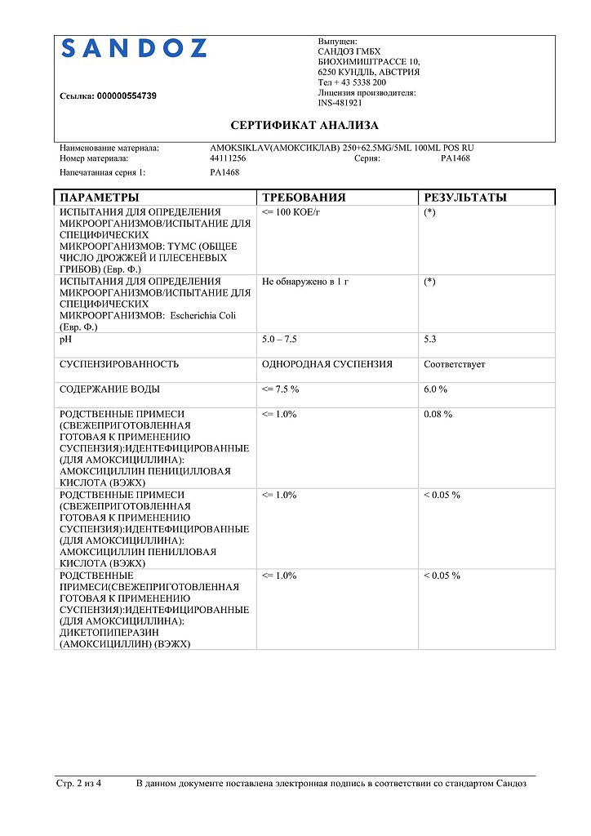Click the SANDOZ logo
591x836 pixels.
click(134, 49)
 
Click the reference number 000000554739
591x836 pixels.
click(127, 96)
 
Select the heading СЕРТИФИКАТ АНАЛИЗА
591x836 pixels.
click(304, 126)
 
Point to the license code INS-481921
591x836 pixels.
click(340, 103)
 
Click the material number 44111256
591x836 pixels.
click(228, 158)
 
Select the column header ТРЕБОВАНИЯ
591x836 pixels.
click(304, 198)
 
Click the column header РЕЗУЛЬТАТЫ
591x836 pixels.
click(465, 198)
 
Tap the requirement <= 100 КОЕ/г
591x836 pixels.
click(292, 211)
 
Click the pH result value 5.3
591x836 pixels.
click(430, 338)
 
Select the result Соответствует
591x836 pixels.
click(454, 364)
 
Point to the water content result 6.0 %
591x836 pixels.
click(436, 389)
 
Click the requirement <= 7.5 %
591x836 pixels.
click(281, 389)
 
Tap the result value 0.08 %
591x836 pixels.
click(438, 415)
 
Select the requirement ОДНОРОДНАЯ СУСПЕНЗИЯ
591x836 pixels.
click(327, 364)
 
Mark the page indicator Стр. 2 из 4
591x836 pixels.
click(79, 784)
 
